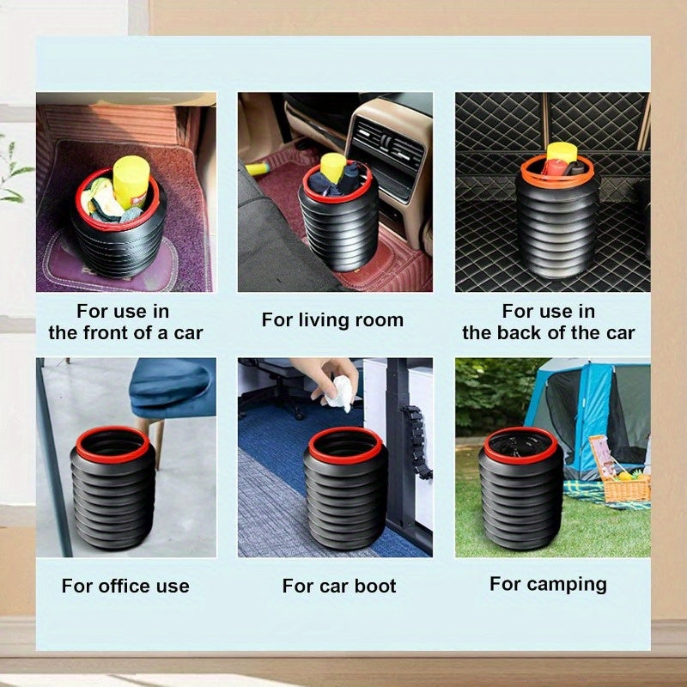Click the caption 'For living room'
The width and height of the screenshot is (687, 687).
click(x=332, y=320)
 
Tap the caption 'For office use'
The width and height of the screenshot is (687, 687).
click(x=125, y=587)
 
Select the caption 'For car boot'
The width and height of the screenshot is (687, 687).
click(x=339, y=587)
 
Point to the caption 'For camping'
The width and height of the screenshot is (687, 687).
click(x=548, y=585)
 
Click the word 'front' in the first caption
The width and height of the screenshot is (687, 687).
click(x=114, y=333)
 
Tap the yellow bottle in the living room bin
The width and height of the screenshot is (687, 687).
click(x=333, y=167)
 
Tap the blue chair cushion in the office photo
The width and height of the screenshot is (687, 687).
click(x=176, y=386)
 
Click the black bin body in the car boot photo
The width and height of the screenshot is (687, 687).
click(x=345, y=507)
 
